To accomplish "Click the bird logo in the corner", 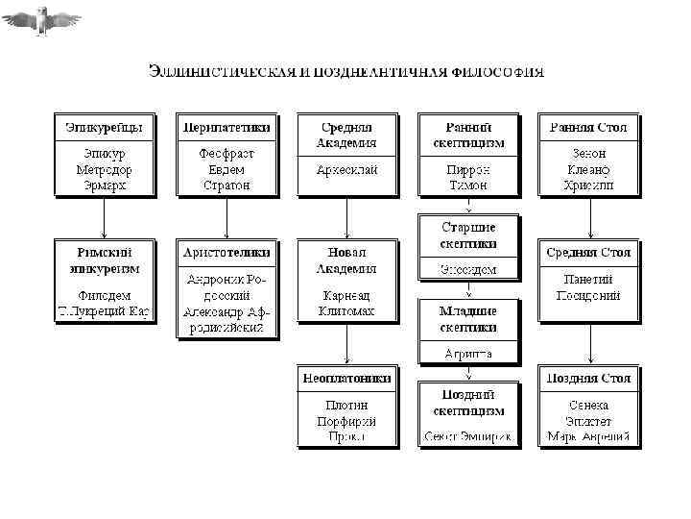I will point(41,19).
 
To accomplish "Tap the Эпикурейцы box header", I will point(104,127).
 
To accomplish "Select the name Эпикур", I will point(104,154).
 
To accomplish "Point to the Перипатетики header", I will point(226,127).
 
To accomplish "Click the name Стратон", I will point(226,184).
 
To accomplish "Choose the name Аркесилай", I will point(346,169).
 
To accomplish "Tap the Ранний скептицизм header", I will point(468,135).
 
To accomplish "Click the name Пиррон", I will point(468,169).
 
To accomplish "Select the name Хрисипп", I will point(589,184).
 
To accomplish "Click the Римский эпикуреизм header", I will point(104,260).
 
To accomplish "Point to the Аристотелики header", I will point(226,253).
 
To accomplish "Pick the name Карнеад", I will point(346,296).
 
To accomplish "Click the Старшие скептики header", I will point(468,235).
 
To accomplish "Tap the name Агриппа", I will point(468,354).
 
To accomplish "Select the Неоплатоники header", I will point(346,379).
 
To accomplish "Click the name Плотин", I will point(346,406).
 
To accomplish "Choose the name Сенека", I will point(589,406).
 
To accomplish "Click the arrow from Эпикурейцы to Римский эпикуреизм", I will point(104,218).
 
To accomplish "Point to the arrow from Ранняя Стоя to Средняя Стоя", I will point(589,218).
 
